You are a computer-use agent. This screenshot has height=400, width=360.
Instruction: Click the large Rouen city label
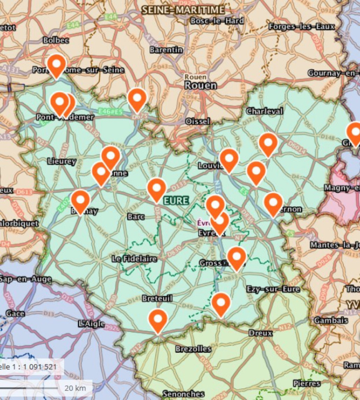pyautogui.click(x=201, y=85)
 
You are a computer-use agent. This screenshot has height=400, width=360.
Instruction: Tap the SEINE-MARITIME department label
pyautogui.click(x=183, y=10)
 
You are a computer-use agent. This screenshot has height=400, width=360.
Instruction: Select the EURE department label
pyautogui.click(x=176, y=200)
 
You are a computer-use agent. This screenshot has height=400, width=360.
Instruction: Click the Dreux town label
pyautogui.click(x=261, y=333)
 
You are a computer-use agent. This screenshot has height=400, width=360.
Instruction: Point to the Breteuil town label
pyautogui.click(x=157, y=299)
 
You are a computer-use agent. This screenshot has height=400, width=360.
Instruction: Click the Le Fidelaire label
pyautogui.click(x=135, y=259)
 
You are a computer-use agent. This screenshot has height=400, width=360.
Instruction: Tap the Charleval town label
pyautogui.click(x=264, y=111)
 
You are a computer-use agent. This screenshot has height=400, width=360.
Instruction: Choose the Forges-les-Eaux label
pyautogui.click(x=301, y=27)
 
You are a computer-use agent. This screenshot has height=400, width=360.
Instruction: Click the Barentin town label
pyautogui.click(x=166, y=49)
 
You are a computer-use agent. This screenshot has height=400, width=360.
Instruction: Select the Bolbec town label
pyautogui.click(x=56, y=40)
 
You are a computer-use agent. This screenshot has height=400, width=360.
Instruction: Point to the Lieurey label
pyautogui.click(x=61, y=161)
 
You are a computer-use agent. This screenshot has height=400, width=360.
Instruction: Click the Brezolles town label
pyautogui.click(x=193, y=349)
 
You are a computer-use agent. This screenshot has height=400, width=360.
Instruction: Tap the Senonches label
pyautogui.click(x=183, y=394)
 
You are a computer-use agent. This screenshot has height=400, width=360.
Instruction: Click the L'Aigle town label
pyautogui.click(x=92, y=324)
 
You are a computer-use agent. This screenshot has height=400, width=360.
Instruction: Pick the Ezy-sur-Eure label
pyautogui.click(x=273, y=289)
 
